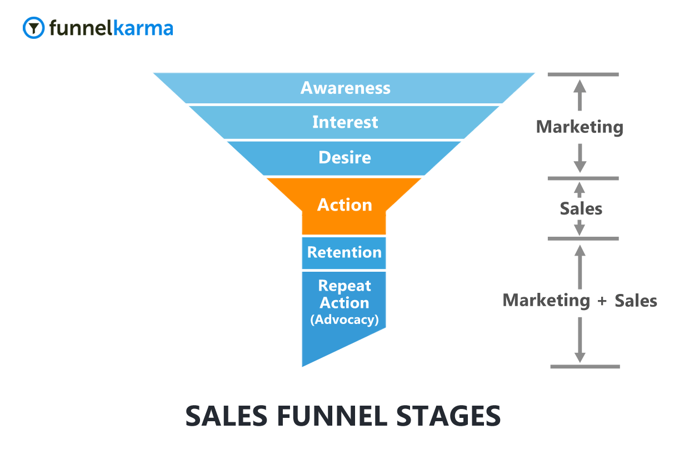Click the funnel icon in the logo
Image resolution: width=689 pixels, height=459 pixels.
(34, 27)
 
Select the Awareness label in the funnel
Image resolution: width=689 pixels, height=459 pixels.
(345, 88)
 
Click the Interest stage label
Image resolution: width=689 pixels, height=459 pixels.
(345, 122)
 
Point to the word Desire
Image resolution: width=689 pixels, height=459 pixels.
(344, 157)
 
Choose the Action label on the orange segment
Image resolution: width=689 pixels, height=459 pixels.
(344, 205)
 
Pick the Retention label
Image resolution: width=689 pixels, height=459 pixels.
(344, 252)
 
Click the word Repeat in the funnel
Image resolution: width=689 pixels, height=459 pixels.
(344, 286)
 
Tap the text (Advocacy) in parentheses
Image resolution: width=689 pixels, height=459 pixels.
(344, 320)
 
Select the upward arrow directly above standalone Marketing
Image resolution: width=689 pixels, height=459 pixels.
(580, 95)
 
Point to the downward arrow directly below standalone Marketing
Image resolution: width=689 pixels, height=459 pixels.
(580, 158)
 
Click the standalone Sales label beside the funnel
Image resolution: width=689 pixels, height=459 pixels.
(581, 209)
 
